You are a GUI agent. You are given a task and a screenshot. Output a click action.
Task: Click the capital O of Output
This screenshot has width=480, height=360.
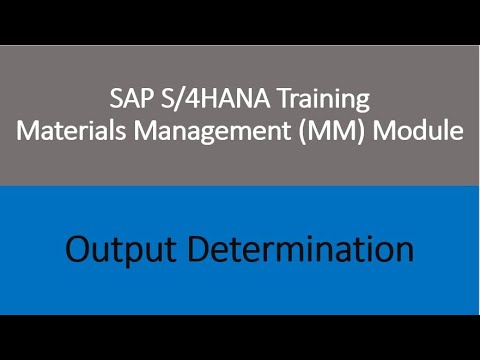80,247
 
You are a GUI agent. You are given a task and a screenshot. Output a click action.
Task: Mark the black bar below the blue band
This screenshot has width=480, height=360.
240,337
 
